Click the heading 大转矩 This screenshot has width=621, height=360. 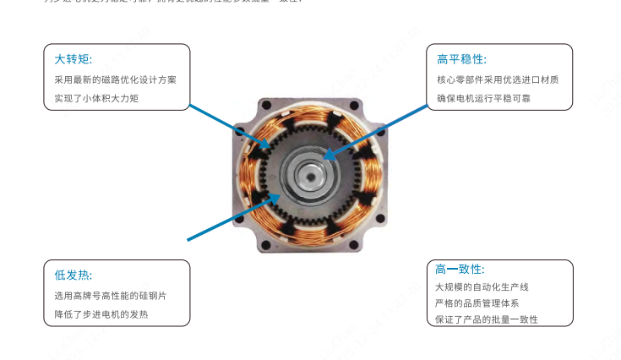73,59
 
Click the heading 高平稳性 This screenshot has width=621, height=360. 461,59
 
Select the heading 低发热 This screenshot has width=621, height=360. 73,275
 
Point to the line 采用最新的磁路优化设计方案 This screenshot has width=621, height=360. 115,80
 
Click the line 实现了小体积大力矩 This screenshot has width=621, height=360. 96,99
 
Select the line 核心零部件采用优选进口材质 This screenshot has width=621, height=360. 498,80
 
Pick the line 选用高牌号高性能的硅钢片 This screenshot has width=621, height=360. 110,296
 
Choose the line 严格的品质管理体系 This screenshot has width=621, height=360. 477,303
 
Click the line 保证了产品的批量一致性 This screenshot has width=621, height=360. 487,319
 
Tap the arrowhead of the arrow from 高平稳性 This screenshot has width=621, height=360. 330,155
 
